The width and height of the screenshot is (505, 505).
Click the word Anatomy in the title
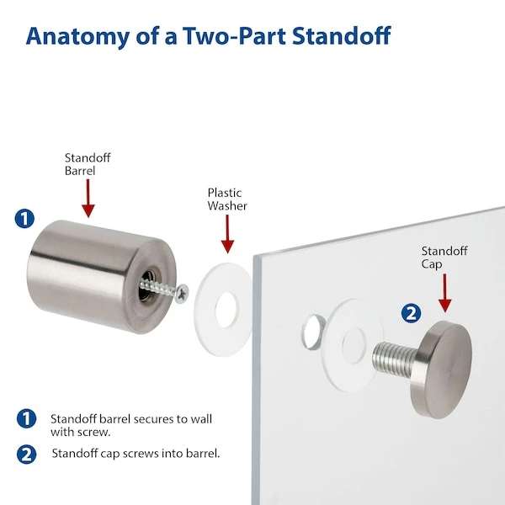[x=77, y=36]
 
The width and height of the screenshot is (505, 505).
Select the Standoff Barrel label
[x=88, y=164]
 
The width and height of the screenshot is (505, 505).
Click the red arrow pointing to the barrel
[x=88, y=198]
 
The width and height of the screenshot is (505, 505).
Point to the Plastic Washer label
[x=227, y=199]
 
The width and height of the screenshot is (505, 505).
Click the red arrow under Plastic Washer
[x=227, y=234]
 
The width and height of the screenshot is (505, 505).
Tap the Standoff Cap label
[x=444, y=258]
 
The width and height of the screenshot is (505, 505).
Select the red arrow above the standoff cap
[x=444, y=293]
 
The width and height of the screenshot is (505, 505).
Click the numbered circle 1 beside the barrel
[x=24, y=219]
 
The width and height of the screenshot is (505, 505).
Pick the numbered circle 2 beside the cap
[x=411, y=313]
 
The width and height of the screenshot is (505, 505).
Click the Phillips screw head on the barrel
[x=183, y=294]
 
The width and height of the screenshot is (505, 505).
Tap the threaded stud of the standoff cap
[x=394, y=359]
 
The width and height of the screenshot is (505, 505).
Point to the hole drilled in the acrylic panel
[x=313, y=332]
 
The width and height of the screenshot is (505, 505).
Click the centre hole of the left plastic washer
[x=227, y=310]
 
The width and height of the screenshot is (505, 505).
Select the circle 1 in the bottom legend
[x=26, y=418]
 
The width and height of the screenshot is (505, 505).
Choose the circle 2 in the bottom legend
[x=26, y=454]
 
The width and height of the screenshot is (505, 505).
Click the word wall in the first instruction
[x=201, y=418]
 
